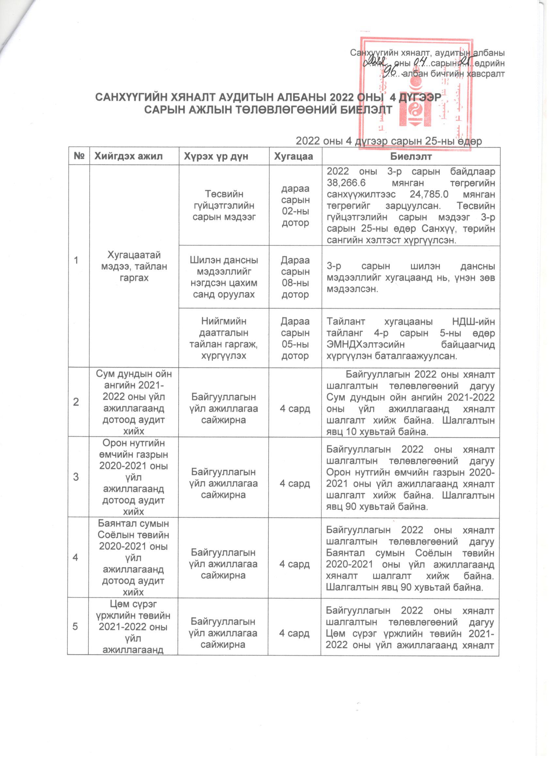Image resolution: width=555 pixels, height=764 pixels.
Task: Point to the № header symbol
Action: [x=79, y=156]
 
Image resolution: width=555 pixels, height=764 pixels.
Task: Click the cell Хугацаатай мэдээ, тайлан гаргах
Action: [x=134, y=266]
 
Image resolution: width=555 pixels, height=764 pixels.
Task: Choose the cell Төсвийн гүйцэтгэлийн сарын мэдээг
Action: [x=224, y=206]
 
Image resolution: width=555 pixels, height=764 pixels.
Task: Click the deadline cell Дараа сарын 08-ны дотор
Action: [x=295, y=277]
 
